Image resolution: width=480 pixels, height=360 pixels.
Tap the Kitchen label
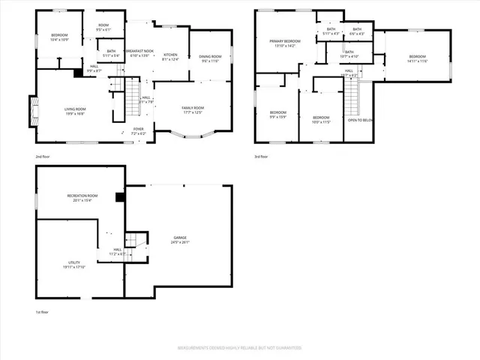[170, 56]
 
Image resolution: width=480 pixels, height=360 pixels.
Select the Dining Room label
[210, 58]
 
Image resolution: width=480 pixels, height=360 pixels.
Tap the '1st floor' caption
[43, 310]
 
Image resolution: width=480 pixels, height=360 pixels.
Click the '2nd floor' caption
[43, 156]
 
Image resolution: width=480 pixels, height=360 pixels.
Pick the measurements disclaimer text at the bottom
[239, 349]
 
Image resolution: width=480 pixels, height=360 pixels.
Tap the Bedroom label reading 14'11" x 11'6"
[417, 59]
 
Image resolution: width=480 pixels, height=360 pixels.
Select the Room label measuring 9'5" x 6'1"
[103, 28]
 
